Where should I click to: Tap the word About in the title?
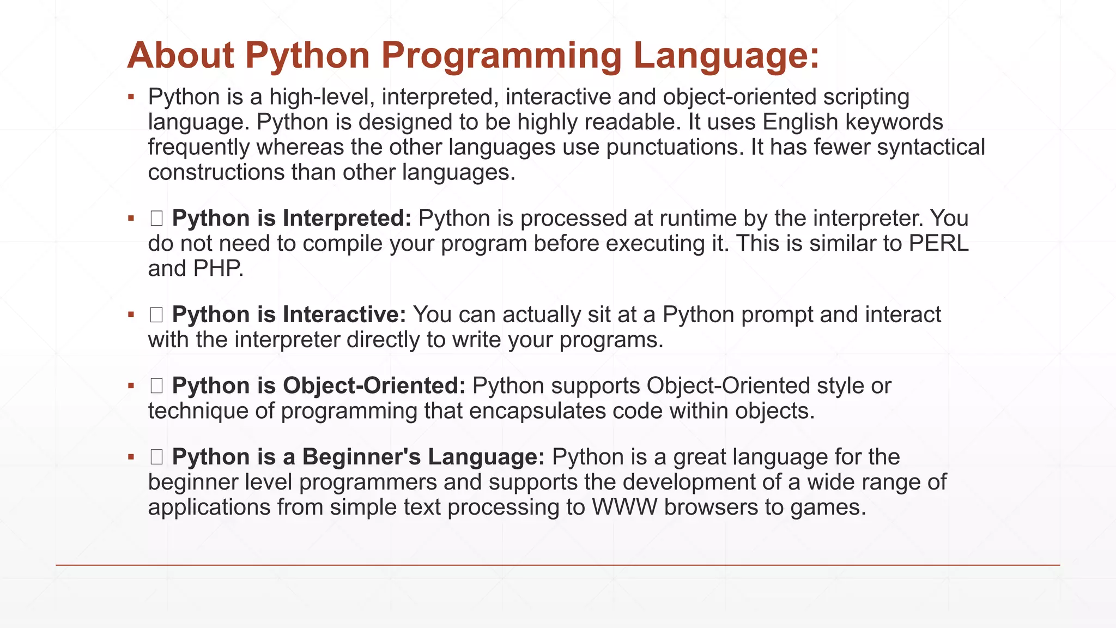point(180,55)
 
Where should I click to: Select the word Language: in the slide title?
point(726,56)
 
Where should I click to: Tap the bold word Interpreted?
point(347,219)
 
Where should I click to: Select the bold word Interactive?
point(344,315)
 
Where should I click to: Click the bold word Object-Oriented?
point(374,385)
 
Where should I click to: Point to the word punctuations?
point(675,147)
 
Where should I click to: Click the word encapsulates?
point(537,411)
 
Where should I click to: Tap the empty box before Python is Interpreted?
point(156,219)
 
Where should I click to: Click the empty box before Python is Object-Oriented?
point(156,386)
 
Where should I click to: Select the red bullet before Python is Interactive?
point(131,315)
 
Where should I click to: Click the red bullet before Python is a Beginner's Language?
point(131,457)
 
